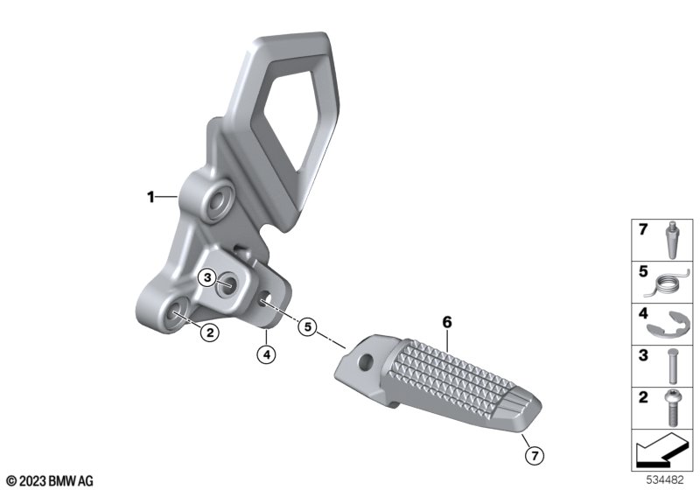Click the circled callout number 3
(207, 278)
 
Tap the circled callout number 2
(210, 332)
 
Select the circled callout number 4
(267, 354)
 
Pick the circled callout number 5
(308, 326)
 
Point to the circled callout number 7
(535, 456)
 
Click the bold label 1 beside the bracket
(150, 196)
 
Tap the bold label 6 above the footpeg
(447, 322)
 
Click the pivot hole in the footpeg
(366, 360)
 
